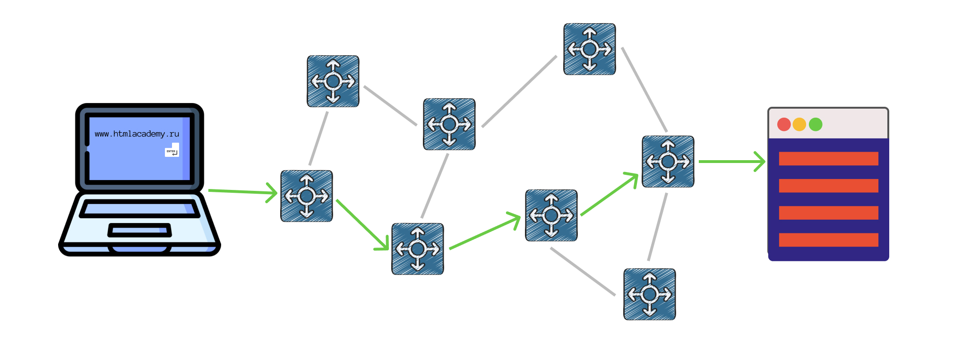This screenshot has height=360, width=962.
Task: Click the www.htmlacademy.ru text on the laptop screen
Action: click(137, 134)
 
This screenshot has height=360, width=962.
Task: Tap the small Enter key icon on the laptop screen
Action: click(172, 151)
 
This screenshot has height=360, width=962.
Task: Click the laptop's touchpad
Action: click(139, 230)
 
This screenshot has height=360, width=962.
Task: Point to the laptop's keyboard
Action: click(139, 208)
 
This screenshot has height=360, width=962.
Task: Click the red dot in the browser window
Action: click(784, 124)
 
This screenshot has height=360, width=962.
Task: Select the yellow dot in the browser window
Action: click(799, 124)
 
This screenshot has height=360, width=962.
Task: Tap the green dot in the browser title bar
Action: click(816, 124)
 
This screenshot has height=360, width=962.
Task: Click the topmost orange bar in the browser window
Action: click(828, 159)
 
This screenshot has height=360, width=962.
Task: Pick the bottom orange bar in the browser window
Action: click(828, 240)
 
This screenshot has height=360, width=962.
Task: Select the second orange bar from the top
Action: click(828, 186)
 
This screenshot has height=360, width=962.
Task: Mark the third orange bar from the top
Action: click(828, 213)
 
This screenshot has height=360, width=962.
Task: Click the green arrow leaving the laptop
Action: click(242, 191)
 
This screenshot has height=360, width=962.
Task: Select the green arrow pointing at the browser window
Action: click(731, 162)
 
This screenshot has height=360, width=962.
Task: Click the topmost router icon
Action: click(590, 49)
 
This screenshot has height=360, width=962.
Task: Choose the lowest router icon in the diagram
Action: click(650, 294)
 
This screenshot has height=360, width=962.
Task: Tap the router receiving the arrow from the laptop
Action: click(307, 196)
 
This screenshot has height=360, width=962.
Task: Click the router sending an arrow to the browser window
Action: click(668, 162)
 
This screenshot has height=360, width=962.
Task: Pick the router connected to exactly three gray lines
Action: click(449, 124)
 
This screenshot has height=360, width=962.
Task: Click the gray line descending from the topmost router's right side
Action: click(644, 89)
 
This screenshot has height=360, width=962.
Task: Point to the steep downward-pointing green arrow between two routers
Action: click(362, 224)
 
